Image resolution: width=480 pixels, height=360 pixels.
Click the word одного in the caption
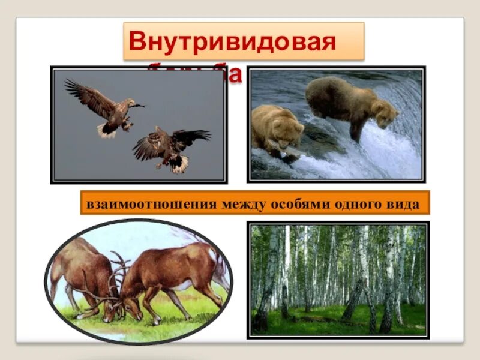click(355, 204)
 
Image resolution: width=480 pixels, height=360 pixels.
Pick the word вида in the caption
click(401, 204)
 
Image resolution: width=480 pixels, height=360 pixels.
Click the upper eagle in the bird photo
click(105, 108)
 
